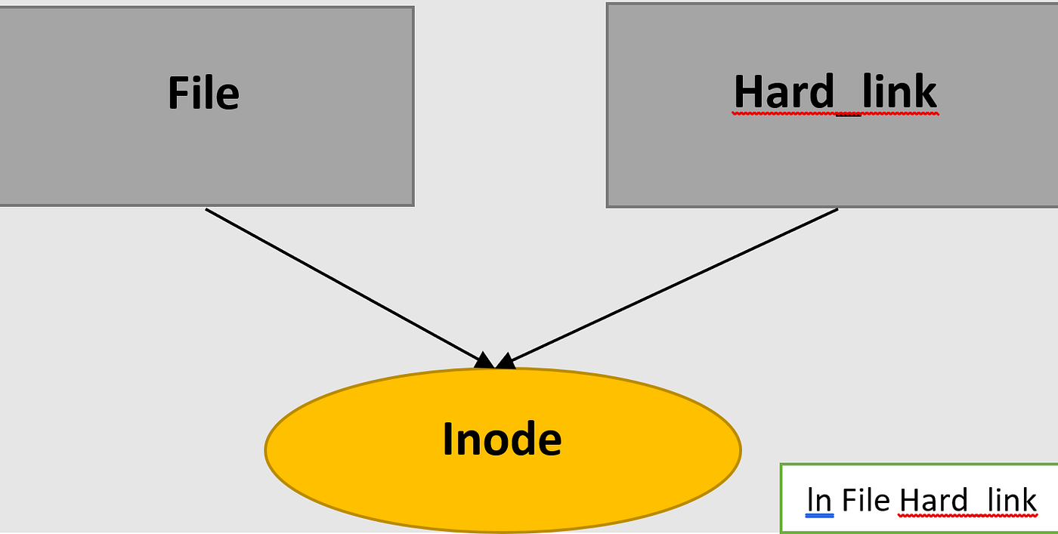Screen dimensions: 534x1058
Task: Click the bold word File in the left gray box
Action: pyautogui.click(x=203, y=94)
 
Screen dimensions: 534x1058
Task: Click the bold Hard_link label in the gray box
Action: pyautogui.click(x=835, y=93)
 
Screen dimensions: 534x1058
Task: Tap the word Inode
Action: pyautogui.click(x=502, y=440)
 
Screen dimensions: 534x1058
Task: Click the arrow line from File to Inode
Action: pyautogui.click(x=340, y=283)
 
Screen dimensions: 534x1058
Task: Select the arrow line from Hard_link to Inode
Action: pyautogui.click(x=673, y=284)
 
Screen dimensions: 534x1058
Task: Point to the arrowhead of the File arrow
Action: pyautogui.click(x=484, y=360)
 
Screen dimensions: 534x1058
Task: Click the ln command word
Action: pyautogui.click(x=819, y=500)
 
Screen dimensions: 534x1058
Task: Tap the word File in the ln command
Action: pyautogui.click(x=865, y=500)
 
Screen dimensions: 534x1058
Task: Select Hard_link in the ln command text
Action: pyautogui.click(x=968, y=501)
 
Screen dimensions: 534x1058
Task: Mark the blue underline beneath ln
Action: pyautogui.click(x=819, y=516)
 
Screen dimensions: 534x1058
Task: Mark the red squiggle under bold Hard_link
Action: pyautogui.click(x=835, y=114)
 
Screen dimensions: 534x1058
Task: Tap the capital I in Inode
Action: pyautogui.click(x=447, y=440)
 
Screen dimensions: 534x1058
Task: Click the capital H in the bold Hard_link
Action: pyautogui.click(x=747, y=93)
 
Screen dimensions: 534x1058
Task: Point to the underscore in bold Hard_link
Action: pyautogui.click(x=848, y=113)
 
